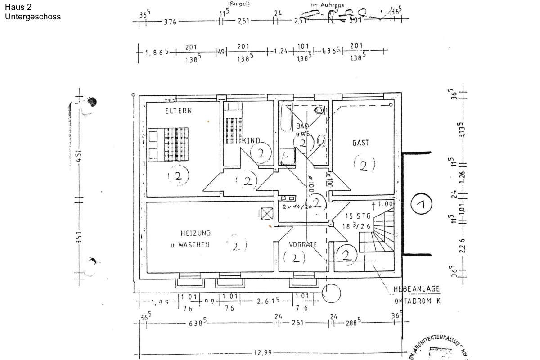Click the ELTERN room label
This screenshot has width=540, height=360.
[x=178, y=111]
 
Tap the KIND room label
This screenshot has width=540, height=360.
[x=251, y=141]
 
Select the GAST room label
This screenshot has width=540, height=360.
[x=360, y=143]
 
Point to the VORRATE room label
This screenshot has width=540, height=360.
[x=303, y=244]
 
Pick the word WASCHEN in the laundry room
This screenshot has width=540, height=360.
[x=196, y=245]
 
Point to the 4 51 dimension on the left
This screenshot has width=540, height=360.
[x=79, y=159]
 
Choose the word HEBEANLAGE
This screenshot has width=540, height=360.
[x=417, y=289]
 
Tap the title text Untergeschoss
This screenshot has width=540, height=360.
[x=32, y=17]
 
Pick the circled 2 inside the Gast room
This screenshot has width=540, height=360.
[x=364, y=165]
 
